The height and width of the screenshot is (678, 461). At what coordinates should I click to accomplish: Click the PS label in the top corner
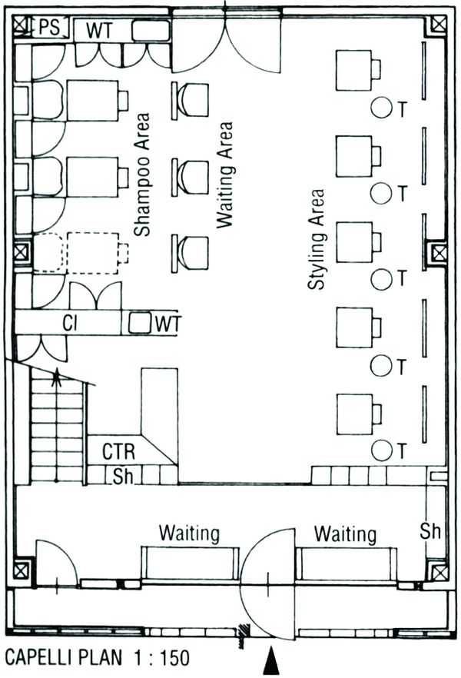coord(48,28)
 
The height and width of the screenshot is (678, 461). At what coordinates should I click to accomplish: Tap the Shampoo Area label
coord(141,174)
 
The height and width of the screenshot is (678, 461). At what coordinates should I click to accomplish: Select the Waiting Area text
coord(224,173)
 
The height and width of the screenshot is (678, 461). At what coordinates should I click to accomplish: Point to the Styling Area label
coord(316,240)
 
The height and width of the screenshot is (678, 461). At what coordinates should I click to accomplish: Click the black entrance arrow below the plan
coord(270,661)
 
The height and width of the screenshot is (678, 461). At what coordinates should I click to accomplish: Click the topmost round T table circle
coord(380,108)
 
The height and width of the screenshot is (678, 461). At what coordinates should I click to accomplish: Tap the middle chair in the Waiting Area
coord(191,176)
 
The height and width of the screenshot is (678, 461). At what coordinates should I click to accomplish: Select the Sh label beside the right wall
coord(430,530)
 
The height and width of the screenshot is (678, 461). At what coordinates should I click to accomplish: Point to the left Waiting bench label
coord(189,533)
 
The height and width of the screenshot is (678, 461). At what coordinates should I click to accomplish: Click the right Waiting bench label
coord(345,533)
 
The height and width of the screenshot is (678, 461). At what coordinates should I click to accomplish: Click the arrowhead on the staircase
coord(55,377)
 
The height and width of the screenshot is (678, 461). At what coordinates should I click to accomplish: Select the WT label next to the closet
coord(167,324)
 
